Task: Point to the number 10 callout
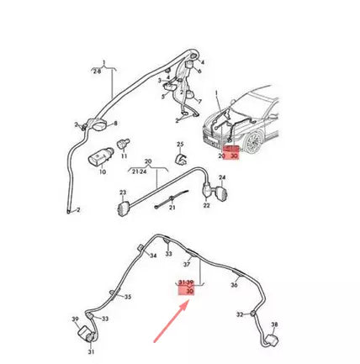(x=103, y=173)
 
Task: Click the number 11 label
(x=125, y=157)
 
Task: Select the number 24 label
(x=222, y=178)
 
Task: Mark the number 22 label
(x=206, y=207)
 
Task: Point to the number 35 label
(x=128, y=297)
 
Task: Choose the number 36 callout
(x=233, y=285)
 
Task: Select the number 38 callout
(x=274, y=324)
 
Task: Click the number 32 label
(x=240, y=314)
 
